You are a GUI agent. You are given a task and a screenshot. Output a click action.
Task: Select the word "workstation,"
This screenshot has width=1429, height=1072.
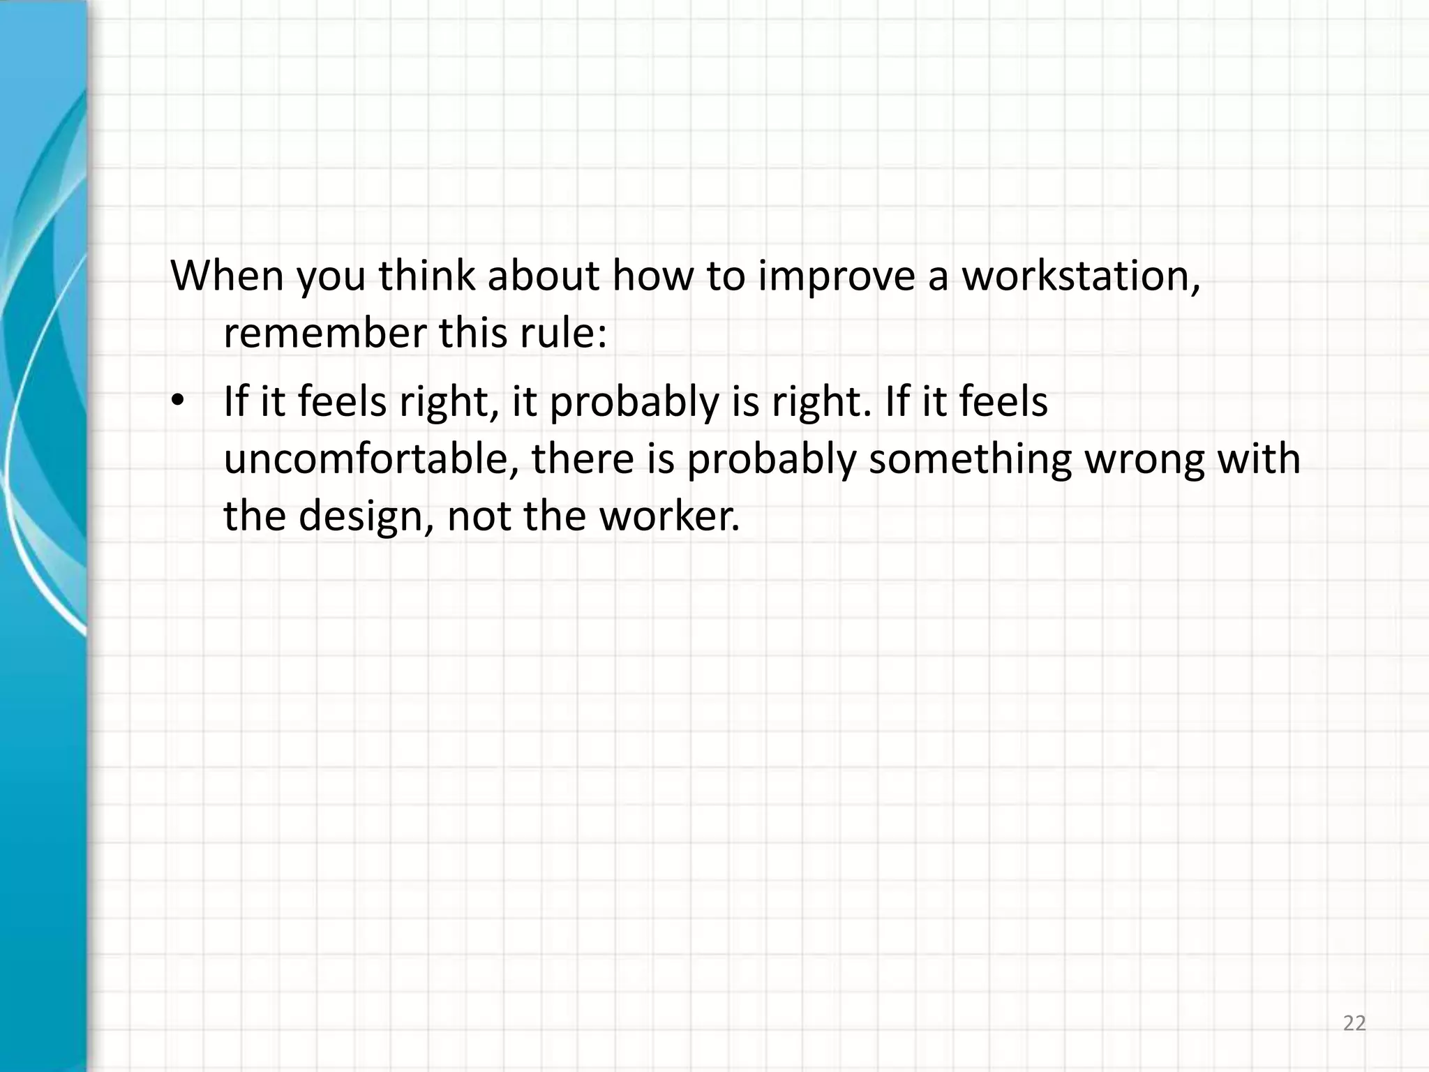point(1081,277)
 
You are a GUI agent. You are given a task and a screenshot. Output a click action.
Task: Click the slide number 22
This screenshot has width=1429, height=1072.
point(1354,1024)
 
